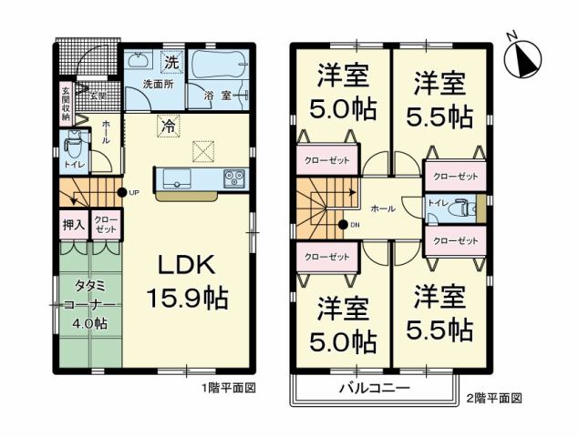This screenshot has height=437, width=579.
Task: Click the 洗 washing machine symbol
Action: pyautogui.click(x=171, y=62)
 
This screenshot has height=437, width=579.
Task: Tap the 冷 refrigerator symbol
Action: pyautogui.click(x=168, y=127)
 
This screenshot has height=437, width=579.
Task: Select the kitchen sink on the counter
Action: pyautogui.click(x=177, y=178)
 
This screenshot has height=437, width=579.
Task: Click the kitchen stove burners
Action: pyautogui.click(x=232, y=178)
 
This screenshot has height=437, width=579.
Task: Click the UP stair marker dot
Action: pyautogui.click(x=121, y=192)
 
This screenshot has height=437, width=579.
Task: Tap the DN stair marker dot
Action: pyautogui.click(x=343, y=224)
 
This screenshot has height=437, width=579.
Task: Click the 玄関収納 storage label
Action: pyautogui.click(x=66, y=102)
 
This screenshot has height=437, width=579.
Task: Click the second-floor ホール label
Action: pyautogui.click(x=384, y=208)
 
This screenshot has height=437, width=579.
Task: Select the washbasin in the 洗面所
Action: pyautogui.click(x=140, y=61)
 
